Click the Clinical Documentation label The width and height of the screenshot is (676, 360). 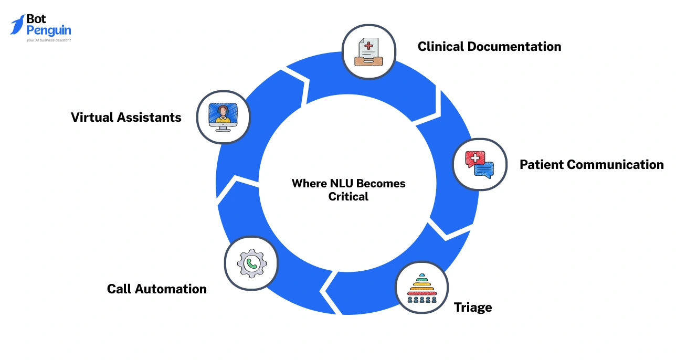coord(489,47)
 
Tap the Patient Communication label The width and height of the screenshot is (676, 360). coord(591,165)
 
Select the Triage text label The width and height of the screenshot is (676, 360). coord(473,308)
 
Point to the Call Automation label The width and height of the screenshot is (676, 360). coord(156,289)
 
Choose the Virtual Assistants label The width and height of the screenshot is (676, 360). coord(126,118)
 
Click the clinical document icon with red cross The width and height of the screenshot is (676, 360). coord(368,52)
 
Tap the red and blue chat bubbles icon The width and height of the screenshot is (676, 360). coord(480,164)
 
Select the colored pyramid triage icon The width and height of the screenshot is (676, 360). coord(422,288)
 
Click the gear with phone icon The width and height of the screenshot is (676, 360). coord(251,263)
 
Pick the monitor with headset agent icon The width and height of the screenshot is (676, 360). coord(223,117)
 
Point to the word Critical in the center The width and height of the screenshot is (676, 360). coord(348,197)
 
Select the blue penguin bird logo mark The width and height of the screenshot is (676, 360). coord(17,25)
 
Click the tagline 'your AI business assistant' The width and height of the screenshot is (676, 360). coord(48,40)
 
